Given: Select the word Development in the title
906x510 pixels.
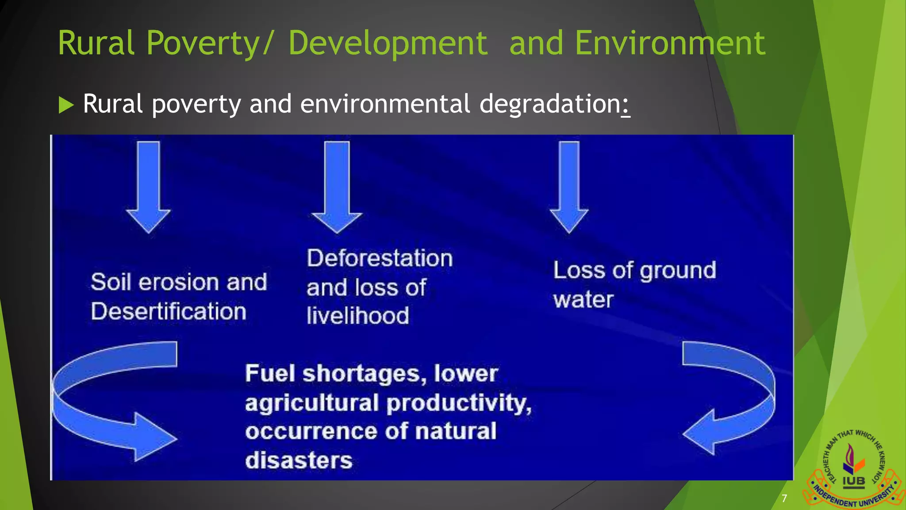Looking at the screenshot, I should (x=388, y=44).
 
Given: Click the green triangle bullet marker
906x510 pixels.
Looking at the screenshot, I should (x=65, y=105).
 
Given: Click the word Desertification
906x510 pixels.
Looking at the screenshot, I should (x=169, y=311).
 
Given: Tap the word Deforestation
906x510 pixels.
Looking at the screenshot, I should (x=380, y=258).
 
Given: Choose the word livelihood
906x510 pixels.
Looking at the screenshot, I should (x=357, y=316).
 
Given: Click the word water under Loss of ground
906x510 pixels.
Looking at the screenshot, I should (x=583, y=300).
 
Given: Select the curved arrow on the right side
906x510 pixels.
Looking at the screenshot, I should (x=730, y=398).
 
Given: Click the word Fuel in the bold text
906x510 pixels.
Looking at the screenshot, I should (x=270, y=373).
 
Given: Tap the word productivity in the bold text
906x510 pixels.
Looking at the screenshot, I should (x=458, y=403).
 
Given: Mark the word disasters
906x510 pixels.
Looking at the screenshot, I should (x=299, y=460).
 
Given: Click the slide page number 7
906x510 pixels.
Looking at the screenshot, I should (x=784, y=498).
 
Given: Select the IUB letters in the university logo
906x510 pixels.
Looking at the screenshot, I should (x=853, y=481).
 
